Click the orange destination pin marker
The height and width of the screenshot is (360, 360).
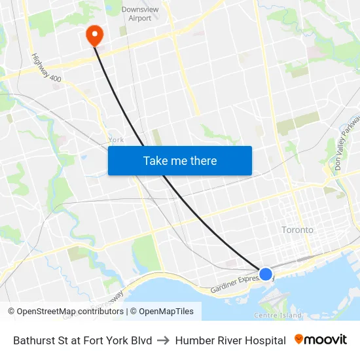(94, 34)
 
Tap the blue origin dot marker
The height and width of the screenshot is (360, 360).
(266, 274)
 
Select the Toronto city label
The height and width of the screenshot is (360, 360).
(297, 230)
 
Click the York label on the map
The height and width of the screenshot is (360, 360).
(116, 139)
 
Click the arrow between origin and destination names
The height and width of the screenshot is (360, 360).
(164, 340)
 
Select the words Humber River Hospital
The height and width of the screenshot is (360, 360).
(230, 340)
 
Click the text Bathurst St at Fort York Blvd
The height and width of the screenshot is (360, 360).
(82, 340)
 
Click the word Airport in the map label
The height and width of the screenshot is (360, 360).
(140, 18)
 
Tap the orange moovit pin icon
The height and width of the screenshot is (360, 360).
(299, 340)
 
